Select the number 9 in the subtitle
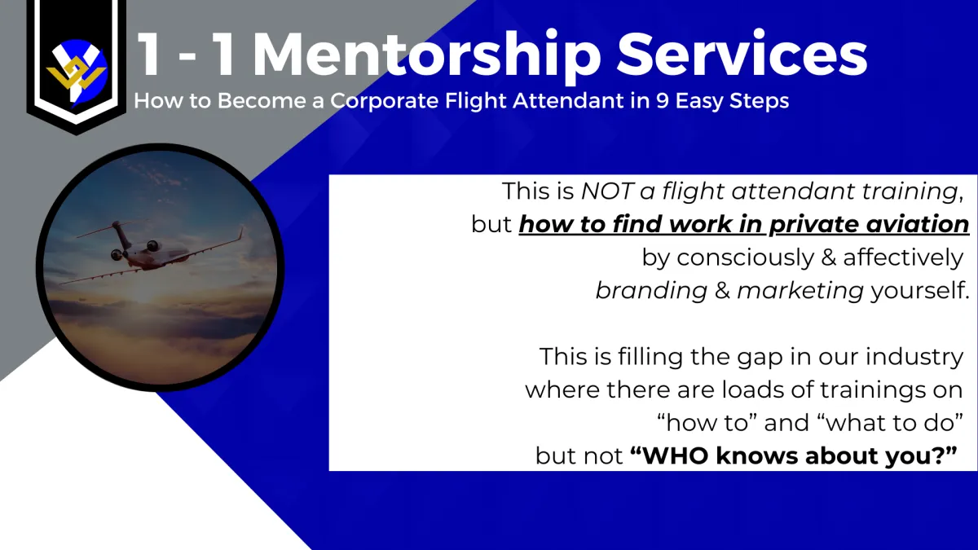click(x=662, y=101)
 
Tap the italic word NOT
click(x=607, y=191)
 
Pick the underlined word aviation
click(x=918, y=224)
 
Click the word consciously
click(x=746, y=258)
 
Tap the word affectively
click(x=903, y=257)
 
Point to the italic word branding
click(x=651, y=291)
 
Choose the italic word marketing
click(x=800, y=291)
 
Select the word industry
click(x=914, y=358)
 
